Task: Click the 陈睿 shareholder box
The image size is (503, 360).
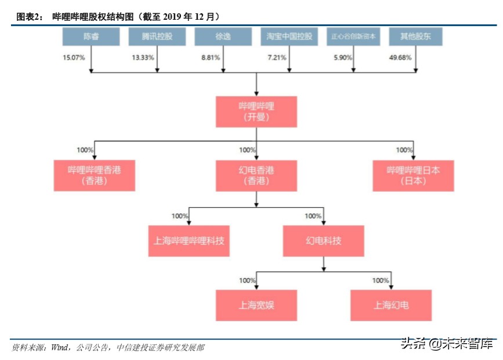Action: point(91,37)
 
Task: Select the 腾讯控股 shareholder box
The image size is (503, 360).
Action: point(157,37)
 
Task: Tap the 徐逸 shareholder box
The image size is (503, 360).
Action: point(223,37)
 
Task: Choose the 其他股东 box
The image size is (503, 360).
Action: point(415,37)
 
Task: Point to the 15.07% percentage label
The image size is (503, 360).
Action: point(74,57)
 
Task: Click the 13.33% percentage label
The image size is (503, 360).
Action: point(143,57)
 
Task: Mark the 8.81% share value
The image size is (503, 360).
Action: point(211,57)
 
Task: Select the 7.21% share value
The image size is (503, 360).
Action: point(276,57)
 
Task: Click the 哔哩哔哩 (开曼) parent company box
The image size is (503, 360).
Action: point(256,112)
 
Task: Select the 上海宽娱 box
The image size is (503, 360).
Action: point(256,305)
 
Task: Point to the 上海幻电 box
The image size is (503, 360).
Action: point(391,305)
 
